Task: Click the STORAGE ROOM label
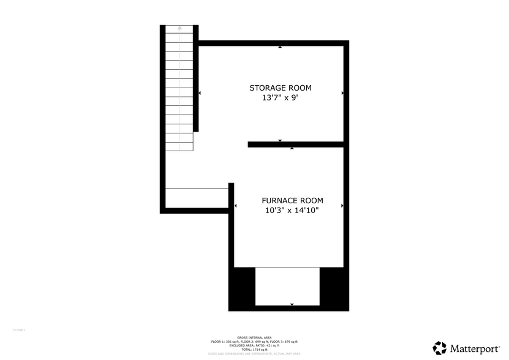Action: pos(276,88)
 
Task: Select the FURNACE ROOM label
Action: pos(292,200)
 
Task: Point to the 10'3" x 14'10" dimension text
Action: pos(292,211)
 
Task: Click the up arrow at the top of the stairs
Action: pos(180,28)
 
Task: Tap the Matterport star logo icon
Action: pos(440,348)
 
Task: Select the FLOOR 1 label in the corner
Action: pos(19,330)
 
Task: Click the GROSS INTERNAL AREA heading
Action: pos(254,337)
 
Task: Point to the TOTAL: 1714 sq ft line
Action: pos(254,349)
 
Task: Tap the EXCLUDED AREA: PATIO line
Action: pos(254,345)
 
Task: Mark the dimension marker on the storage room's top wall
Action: pos(280,47)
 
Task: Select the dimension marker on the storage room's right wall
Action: pos(342,93)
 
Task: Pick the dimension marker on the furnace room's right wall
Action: pos(342,206)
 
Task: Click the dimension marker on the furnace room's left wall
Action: pos(236,206)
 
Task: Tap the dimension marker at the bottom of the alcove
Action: pos(292,304)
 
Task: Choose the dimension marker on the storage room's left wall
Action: pos(200,93)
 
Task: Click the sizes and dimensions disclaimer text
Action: pos(254,353)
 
